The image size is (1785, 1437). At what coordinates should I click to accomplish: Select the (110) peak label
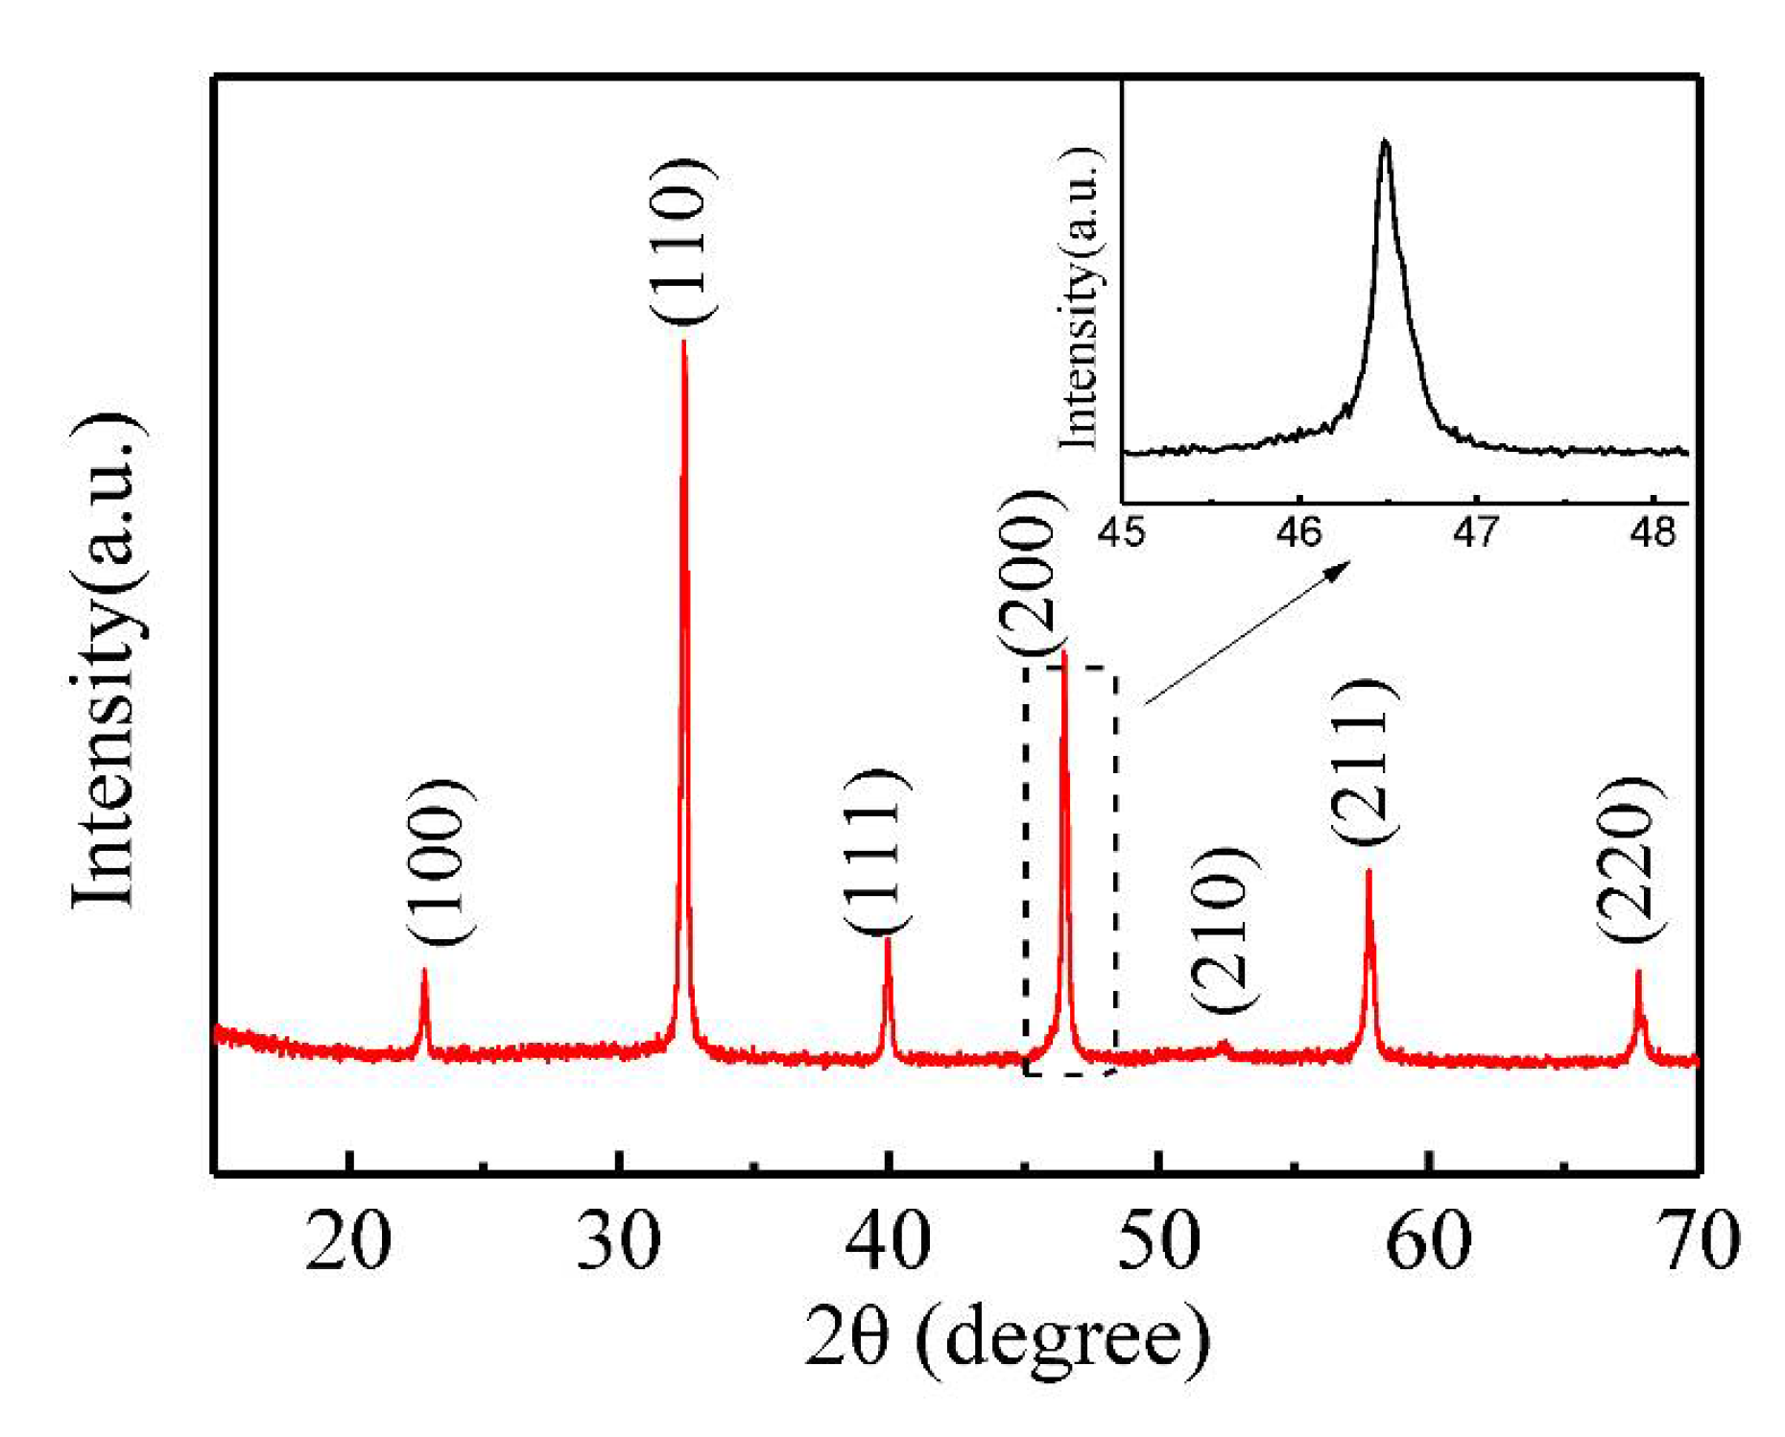[682, 241]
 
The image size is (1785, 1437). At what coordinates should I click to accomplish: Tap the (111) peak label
[876, 850]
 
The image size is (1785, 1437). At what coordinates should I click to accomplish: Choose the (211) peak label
[1364, 761]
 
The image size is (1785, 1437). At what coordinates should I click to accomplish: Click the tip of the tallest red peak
[683, 342]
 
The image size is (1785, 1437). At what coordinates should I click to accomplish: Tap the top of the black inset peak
[1384, 143]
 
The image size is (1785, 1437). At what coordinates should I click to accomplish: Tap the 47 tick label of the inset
[1475, 532]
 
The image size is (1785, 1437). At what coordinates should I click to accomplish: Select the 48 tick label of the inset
[1652, 532]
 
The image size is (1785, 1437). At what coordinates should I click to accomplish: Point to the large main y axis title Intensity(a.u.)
[107, 661]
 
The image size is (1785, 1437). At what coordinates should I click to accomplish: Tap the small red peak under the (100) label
[424, 998]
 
